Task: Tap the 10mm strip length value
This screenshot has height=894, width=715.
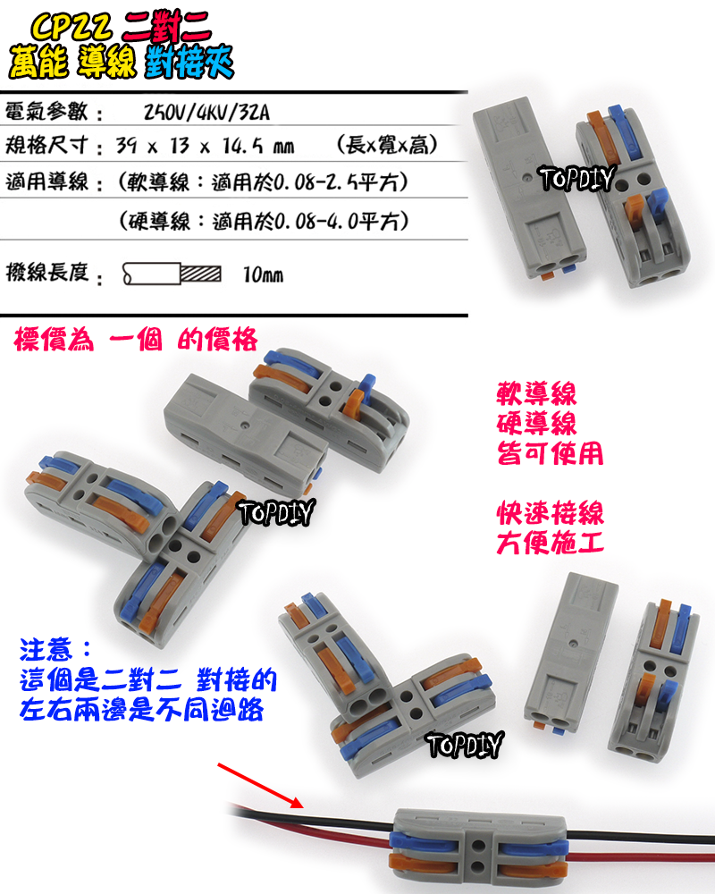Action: click(x=263, y=274)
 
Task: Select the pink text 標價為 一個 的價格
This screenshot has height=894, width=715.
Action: click(x=137, y=340)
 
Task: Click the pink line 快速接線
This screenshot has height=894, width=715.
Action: click(x=550, y=513)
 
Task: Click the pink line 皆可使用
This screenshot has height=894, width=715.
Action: click(x=550, y=453)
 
